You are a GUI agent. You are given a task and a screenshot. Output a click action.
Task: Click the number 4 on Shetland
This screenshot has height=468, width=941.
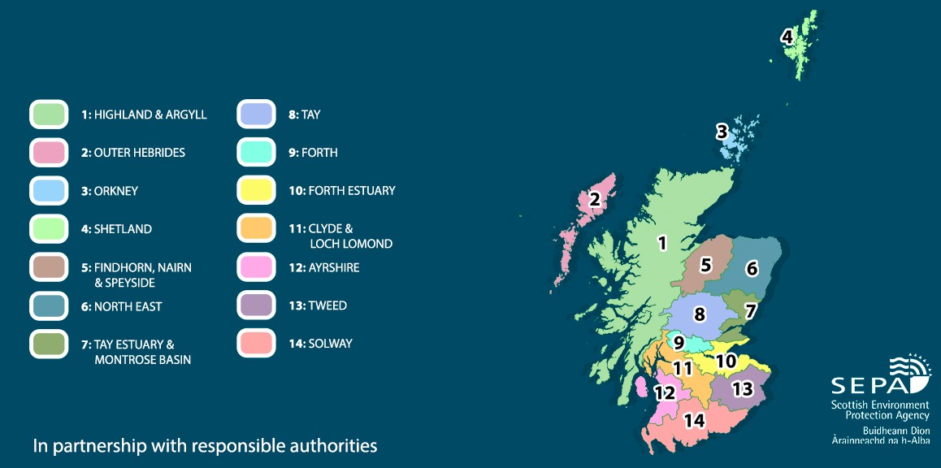[x=787, y=37]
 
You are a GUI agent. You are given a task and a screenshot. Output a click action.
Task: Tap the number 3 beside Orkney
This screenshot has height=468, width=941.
[x=721, y=131]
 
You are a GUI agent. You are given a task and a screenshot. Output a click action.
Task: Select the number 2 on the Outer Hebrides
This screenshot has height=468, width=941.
[x=595, y=199]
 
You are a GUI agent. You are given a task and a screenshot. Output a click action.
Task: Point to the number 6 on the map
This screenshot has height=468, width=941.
[x=752, y=268]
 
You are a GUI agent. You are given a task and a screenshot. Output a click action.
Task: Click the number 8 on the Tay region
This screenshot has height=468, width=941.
[x=699, y=313]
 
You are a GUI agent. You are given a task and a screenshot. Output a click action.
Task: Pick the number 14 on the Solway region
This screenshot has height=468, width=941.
[x=693, y=420]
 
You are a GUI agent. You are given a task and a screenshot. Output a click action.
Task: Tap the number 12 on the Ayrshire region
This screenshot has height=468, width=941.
[x=665, y=392]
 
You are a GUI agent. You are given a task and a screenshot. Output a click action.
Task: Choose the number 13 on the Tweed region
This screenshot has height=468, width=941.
[x=742, y=388]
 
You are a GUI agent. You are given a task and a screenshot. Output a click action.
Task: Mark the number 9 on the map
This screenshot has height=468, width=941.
[x=679, y=343]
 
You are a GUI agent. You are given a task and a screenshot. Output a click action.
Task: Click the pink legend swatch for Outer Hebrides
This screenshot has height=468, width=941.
[x=49, y=153]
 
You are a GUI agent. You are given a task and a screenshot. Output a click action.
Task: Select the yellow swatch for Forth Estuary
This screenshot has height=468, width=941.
[x=258, y=191]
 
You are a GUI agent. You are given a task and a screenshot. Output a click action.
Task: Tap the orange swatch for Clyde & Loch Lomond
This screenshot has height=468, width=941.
[x=258, y=228]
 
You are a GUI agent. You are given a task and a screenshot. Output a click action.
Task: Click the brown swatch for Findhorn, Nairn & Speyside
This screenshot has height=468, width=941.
[x=49, y=267]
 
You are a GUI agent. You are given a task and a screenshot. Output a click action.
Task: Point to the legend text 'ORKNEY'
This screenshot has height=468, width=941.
[x=116, y=191]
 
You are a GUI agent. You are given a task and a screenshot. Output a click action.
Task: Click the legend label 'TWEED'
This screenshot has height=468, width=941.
[x=327, y=305]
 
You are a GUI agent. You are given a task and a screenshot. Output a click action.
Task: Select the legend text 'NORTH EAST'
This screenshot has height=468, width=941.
[x=128, y=306]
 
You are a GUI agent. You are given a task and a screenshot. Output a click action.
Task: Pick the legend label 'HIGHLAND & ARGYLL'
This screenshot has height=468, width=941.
[x=150, y=115]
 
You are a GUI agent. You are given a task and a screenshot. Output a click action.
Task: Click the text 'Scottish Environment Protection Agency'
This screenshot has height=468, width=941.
[x=879, y=409]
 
